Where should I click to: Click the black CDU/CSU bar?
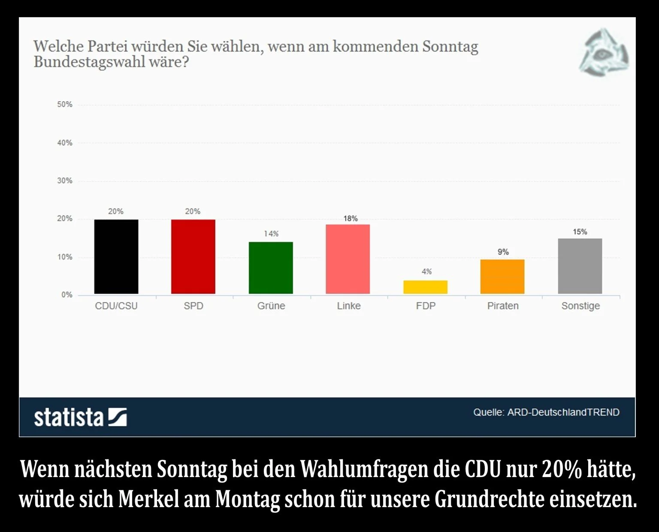[116, 257]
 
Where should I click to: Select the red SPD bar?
[193, 257]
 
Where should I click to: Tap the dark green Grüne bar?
[271, 268]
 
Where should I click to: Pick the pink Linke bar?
[348, 259]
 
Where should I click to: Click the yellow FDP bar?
[425, 287]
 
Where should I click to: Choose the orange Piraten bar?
[502, 277]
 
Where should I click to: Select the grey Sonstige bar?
[580, 266]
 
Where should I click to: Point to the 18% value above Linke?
[351, 218]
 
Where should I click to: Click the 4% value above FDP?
[426, 272]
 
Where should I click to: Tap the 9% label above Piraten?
[503, 252]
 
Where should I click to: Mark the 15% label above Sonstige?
[580, 232]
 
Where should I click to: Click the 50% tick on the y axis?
[65, 104]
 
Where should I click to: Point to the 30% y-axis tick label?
[65, 181]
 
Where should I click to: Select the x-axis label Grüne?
[271, 306]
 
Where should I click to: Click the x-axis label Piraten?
[503, 306]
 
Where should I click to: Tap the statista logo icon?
[117, 417]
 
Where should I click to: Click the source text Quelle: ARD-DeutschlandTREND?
[546, 412]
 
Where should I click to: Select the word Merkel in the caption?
[148, 499]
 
